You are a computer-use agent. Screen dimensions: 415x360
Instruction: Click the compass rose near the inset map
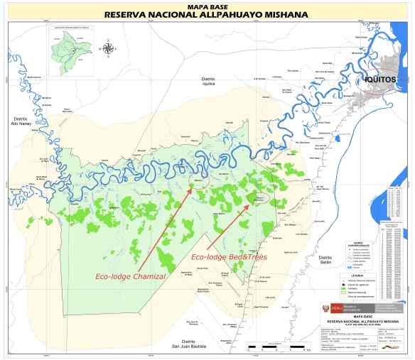click(108, 48)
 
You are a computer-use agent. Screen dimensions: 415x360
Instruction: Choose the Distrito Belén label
click(325, 259)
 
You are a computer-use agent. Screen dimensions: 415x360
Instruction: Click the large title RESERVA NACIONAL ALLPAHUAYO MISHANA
click(207, 13)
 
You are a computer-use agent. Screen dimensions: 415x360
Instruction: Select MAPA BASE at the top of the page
click(207, 5)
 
